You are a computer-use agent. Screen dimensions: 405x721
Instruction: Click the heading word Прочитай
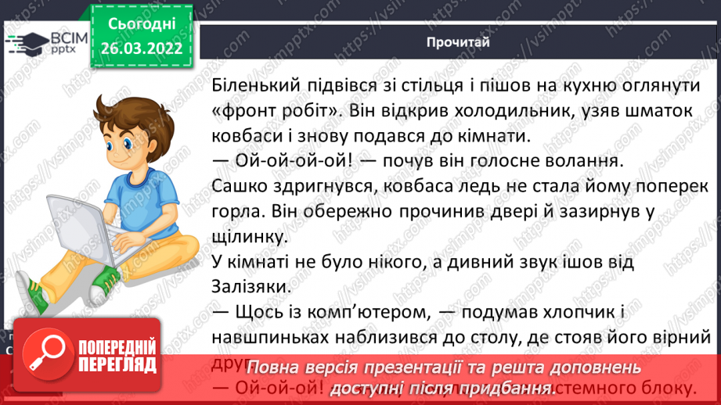[x=458, y=42]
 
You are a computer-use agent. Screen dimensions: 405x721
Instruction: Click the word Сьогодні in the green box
[x=141, y=25]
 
